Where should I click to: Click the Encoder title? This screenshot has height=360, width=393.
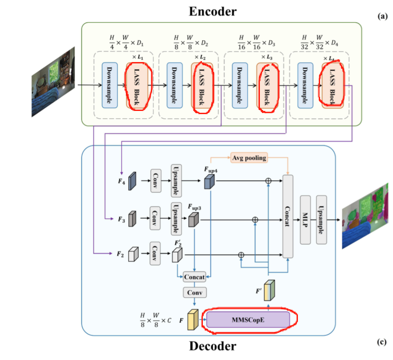212,11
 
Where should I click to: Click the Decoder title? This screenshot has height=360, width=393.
212,346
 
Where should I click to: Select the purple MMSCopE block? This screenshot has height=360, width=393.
248,320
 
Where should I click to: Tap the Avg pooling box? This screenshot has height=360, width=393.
249,158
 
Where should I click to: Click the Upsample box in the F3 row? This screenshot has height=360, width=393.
176,219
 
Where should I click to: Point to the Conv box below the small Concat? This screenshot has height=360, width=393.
194,293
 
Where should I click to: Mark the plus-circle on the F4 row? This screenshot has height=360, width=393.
268,180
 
